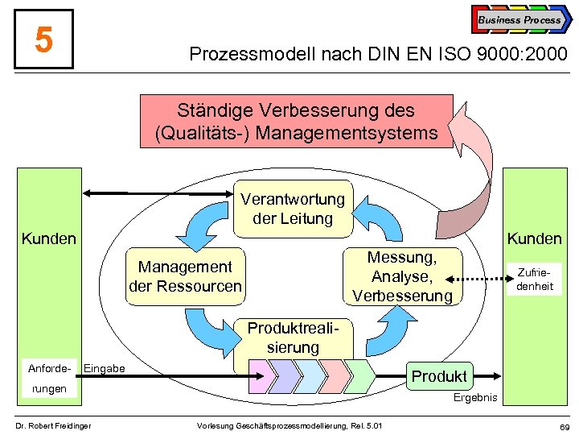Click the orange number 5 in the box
pyautogui.click(x=44, y=39)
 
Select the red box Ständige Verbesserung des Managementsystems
pyautogui.click(x=296, y=122)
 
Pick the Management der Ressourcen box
pyautogui.click(x=185, y=276)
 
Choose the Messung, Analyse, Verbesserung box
pyautogui.click(x=403, y=276)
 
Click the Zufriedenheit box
pyautogui.click(x=535, y=279)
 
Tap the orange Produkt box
pyautogui.click(x=439, y=376)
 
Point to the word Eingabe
pyautogui.click(x=105, y=369)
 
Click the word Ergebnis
pyautogui.click(x=475, y=398)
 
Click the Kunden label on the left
pyautogui.click(x=49, y=238)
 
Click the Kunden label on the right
pyautogui.click(x=534, y=238)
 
